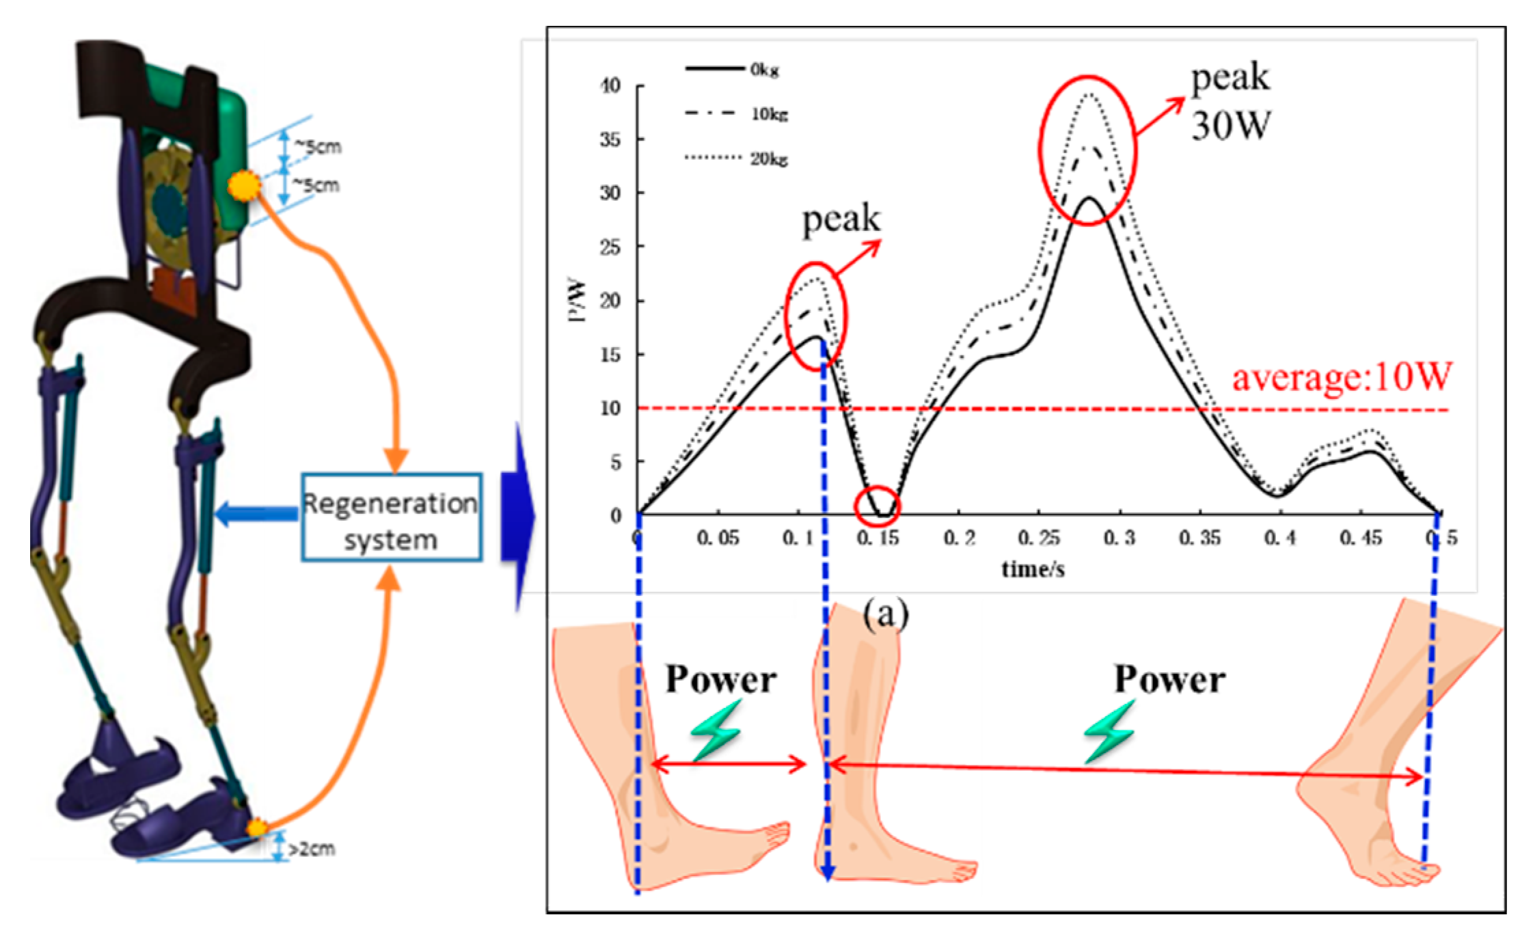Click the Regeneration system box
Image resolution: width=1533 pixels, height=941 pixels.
(392, 518)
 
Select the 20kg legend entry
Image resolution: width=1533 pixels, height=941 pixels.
(770, 159)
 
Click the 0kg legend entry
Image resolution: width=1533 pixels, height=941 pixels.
(764, 70)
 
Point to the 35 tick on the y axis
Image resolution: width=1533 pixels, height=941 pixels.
(610, 140)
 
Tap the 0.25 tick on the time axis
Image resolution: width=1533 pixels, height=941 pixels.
(1038, 538)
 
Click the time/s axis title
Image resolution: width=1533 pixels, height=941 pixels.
(1033, 569)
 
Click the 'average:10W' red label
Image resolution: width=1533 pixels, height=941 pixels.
(1340, 377)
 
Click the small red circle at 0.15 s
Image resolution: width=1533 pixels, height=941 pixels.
(878, 506)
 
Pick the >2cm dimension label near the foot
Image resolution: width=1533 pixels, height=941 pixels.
(311, 849)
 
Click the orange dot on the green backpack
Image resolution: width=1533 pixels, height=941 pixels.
(243, 185)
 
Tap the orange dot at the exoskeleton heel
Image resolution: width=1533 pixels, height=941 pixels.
(257, 828)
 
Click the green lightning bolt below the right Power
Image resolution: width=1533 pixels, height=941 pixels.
(1109, 730)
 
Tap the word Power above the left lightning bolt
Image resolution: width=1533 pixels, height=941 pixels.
(720, 679)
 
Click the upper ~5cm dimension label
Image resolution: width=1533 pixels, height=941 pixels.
(318, 146)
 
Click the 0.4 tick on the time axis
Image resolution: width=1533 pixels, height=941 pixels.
(1279, 538)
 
